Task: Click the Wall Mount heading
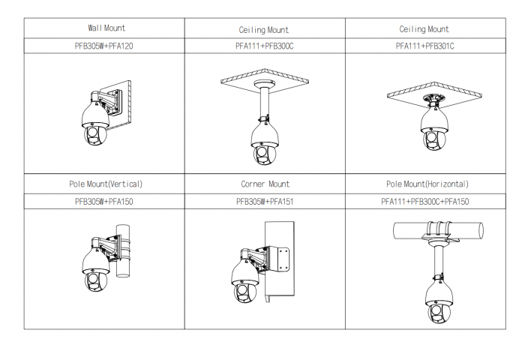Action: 104,28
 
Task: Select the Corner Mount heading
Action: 265,184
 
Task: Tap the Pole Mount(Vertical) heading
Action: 104,184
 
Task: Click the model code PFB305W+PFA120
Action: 104,46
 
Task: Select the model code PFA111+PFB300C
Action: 265,46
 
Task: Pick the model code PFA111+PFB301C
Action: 424,46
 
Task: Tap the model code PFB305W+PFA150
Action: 104,201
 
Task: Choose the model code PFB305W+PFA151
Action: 265,201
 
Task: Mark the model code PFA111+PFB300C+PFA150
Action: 424,201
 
